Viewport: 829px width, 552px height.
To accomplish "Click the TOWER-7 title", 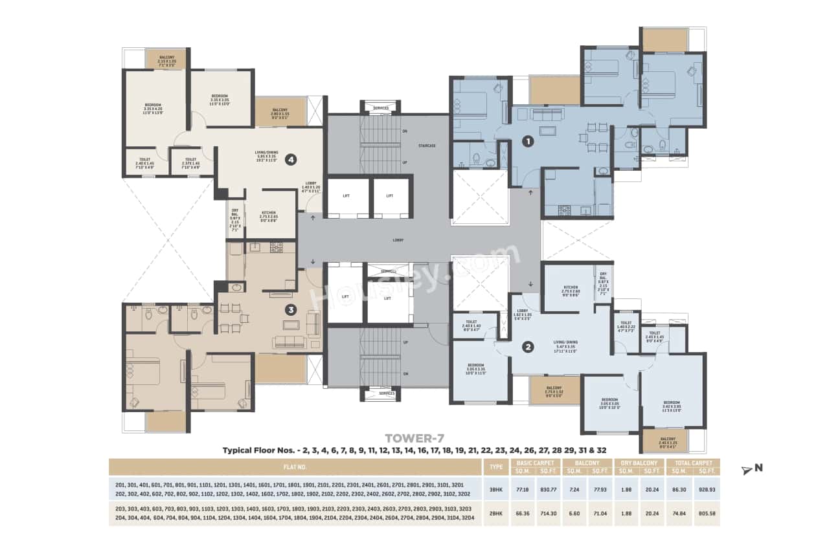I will (415, 438).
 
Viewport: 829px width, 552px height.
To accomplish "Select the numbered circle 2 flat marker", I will (528, 347).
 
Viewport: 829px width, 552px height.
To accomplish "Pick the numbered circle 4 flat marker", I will (291, 159).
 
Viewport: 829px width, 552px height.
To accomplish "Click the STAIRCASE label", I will (427, 146).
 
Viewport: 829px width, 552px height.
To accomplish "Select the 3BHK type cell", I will (495, 489).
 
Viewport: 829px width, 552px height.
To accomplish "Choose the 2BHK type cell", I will (495, 513).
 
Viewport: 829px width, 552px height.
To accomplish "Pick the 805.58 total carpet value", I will (705, 513).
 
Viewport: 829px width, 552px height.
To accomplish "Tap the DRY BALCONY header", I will (641, 463).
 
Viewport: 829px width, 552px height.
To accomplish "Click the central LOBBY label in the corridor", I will (398, 240).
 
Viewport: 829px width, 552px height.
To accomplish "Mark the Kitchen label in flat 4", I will (269, 213).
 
